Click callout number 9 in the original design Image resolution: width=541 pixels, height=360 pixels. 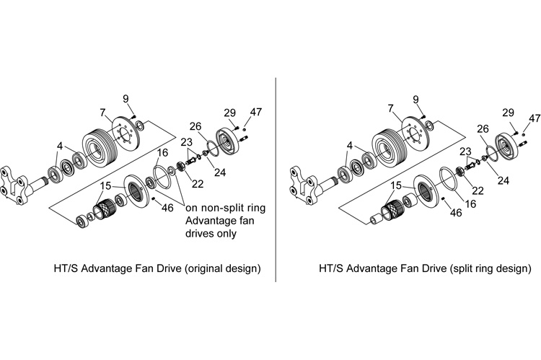(126, 99)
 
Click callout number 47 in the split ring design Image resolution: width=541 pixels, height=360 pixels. (535, 118)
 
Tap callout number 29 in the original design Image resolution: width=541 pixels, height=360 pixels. (230, 113)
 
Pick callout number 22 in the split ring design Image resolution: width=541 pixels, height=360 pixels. (477, 190)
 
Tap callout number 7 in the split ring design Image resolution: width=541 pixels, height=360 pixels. (390, 107)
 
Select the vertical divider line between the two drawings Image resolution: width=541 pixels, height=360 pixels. (276, 180)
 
